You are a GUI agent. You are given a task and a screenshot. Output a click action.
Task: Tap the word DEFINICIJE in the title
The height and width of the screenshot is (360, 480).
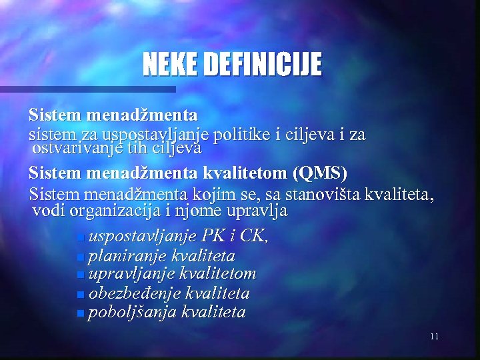tap(262, 65)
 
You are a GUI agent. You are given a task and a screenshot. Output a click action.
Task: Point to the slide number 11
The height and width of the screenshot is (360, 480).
tap(434, 336)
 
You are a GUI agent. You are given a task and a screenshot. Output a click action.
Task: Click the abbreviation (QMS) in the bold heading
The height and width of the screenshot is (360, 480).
tap(319, 173)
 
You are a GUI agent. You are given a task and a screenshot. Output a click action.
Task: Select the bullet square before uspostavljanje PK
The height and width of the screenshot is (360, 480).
tap(81, 237)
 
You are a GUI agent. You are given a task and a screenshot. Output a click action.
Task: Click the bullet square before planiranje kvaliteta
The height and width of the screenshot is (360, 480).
tap(81, 257)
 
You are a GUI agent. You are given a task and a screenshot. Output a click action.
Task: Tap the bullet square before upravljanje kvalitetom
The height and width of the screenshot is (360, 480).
tap(81, 275)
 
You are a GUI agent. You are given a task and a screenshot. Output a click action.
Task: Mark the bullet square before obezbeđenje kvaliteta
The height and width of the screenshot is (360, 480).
tap(81, 294)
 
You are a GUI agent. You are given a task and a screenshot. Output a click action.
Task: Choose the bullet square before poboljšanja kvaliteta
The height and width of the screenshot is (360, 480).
tap(81, 313)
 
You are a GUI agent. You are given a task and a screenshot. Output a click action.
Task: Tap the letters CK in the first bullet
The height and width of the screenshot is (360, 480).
tap(252, 236)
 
